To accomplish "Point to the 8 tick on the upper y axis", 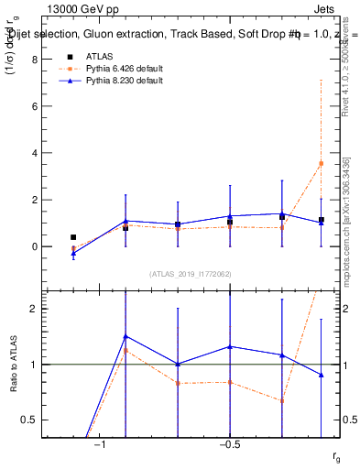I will [x=35, y=59].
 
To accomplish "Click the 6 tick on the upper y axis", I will [x=35, y=105].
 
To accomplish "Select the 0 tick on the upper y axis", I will [x=35, y=246].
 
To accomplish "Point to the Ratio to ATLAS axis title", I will [x=13, y=365].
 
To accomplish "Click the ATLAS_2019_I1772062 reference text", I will [x=190, y=274].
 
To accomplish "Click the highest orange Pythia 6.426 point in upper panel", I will [x=321, y=163].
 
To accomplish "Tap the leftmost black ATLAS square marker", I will [x=73, y=237].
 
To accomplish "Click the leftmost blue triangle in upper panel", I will [x=73, y=253].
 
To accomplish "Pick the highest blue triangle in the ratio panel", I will [x=125, y=336].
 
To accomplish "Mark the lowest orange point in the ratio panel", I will [x=281, y=401].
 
